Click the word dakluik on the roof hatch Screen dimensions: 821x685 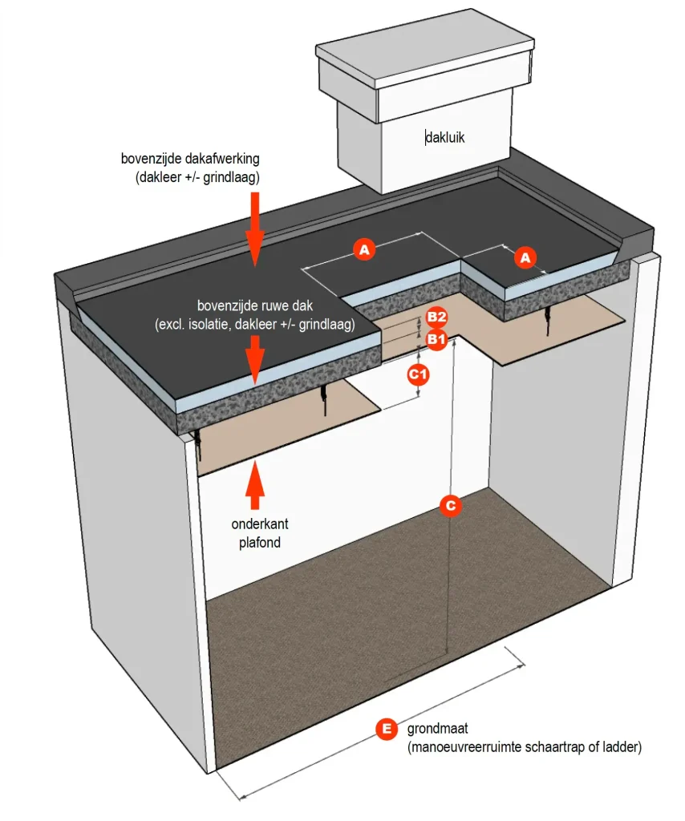tap(445, 138)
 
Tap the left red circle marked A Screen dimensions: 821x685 tap(365, 250)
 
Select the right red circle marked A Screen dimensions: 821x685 tap(525, 257)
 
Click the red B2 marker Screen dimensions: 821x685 tap(436, 317)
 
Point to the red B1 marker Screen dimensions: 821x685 tap(436, 340)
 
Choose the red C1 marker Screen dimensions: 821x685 tap(419, 374)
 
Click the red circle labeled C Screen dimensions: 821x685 tap(450, 505)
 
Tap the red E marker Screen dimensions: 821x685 tap(387, 729)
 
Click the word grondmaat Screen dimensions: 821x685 tap(437, 730)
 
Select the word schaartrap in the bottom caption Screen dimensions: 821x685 tap(536, 747)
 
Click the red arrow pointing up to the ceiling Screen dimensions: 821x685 tap(255, 485)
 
